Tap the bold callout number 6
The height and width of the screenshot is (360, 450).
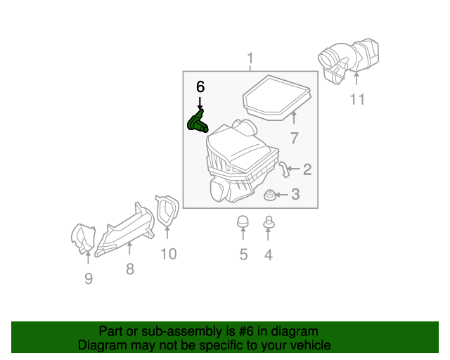point(200,87)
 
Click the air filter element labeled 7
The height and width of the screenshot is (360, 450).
point(277,98)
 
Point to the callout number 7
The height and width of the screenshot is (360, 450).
point(294,138)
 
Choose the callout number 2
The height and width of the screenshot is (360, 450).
point(307,169)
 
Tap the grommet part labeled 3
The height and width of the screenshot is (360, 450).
point(269,193)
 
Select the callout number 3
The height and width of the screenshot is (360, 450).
point(295,194)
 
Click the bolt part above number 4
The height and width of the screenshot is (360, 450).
point(268,223)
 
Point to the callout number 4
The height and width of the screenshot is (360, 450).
point(268,255)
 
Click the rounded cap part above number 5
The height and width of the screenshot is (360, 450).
point(243,221)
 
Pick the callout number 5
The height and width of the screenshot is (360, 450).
point(243,255)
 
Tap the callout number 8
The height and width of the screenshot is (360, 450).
point(130,269)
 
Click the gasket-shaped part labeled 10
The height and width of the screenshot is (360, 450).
point(167,210)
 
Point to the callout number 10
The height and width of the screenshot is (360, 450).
point(168,254)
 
